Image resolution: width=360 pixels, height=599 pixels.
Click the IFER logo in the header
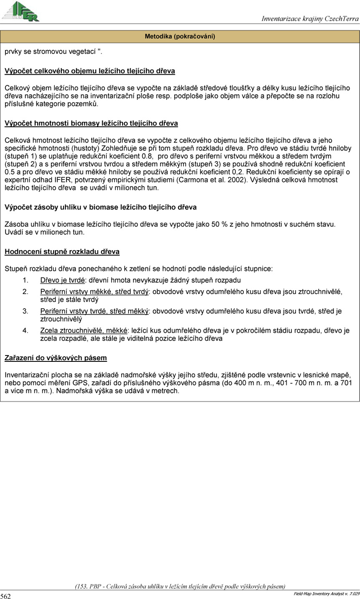[x=21, y=11]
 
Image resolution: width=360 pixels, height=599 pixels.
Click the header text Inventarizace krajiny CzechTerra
[x=310, y=18]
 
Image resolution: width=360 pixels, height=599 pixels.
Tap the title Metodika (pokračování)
[x=180, y=36]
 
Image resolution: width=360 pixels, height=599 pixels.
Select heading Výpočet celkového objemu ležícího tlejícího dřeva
[x=89, y=71]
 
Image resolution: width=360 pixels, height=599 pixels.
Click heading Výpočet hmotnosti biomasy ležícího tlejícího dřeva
[x=91, y=123]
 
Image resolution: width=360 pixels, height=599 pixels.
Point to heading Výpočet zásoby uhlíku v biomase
[x=100, y=207]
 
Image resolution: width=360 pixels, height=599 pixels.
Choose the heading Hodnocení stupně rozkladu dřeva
[x=62, y=252]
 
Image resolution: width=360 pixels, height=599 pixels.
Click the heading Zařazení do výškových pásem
[x=56, y=358]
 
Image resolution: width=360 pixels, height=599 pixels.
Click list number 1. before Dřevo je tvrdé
[x=25, y=280]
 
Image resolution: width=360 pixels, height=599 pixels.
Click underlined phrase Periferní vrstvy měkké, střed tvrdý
[x=94, y=292]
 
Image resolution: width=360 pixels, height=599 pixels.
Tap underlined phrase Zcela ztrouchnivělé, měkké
[x=84, y=330]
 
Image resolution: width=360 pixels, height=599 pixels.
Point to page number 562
[x=5, y=596]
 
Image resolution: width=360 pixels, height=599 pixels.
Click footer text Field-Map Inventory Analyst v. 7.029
[x=326, y=594]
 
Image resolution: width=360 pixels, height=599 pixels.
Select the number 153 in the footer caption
[x=82, y=586]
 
